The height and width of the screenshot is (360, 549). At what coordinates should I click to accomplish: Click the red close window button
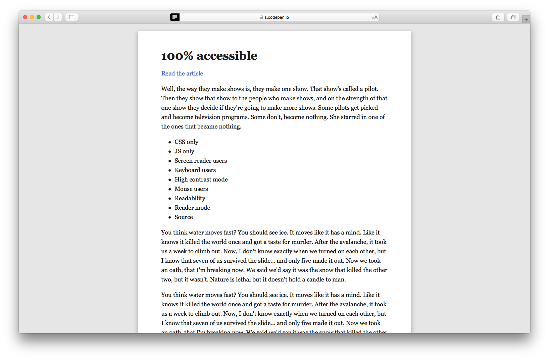click(25, 17)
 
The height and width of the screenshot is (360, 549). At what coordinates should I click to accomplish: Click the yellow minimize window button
click(32, 17)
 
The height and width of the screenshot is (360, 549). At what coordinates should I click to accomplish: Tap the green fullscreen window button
click(39, 17)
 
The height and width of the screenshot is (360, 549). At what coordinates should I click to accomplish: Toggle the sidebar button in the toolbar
click(71, 17)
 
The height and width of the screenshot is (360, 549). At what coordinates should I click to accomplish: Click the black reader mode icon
click(174, 17)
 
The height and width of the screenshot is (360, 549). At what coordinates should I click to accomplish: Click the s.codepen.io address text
click(277, 17)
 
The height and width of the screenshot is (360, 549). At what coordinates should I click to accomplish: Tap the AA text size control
click(375, 17)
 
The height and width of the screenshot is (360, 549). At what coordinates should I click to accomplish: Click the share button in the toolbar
click(498, 17)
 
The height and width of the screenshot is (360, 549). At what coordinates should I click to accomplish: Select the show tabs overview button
click(513, 17)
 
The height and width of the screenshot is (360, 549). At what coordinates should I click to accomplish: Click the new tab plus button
click(526, 20)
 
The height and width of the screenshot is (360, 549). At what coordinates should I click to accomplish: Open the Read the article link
click(182, 73)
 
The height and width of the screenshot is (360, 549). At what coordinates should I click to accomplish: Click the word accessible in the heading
click(227, 56)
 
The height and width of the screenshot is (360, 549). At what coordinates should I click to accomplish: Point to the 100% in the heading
click(177, 56)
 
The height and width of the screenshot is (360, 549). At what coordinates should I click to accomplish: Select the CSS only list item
click(186, 142)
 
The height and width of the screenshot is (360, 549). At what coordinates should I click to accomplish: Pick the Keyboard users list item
click(195, 170)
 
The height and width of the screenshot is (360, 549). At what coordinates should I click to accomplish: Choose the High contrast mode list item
click(201, 179)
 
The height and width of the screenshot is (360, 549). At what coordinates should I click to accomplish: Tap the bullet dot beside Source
click(170, 217)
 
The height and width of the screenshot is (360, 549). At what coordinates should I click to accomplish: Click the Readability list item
click(190, 198)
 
